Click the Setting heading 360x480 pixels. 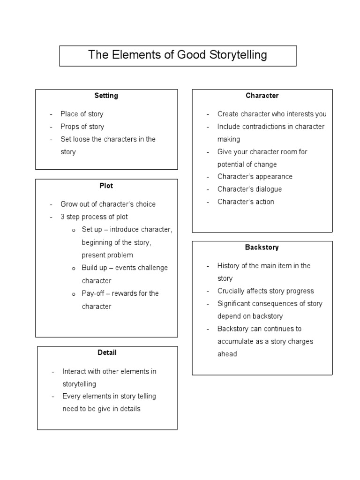click(x=106, y=96)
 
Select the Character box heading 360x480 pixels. click(x=262, y=96)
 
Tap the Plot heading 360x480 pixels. click(x=106, y=186)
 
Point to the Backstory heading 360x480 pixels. click(x=262, y=247)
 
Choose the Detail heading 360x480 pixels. click(x=107, y=352)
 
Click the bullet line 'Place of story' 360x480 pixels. click(x=82, y=114)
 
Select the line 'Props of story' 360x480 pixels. click(x=82, y=127)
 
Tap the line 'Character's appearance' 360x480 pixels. click(x=255, y=177)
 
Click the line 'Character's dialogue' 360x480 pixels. click(x=250, y=189)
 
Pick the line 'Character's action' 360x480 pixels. click(x=246, y=202)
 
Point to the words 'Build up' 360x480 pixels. click(x=94, y=268)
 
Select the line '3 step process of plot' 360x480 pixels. click(x=94, y=217)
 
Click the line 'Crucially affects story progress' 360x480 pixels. click(x=266, y=291)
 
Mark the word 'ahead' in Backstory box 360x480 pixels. click(x=227, y=354)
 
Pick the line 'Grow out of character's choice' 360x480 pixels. click(x=108, y=204)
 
